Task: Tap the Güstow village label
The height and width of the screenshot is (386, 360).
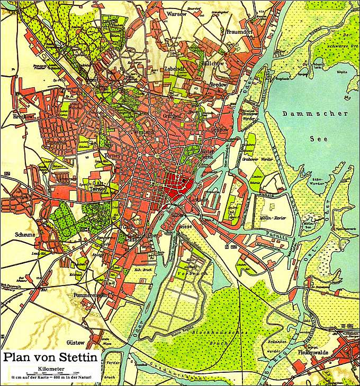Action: click(76, 342)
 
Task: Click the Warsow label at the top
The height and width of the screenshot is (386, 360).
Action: click(176, 14)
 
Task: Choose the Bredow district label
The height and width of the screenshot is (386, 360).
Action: click(219, 84)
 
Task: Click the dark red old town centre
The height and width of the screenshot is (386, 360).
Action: click(177, 185)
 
